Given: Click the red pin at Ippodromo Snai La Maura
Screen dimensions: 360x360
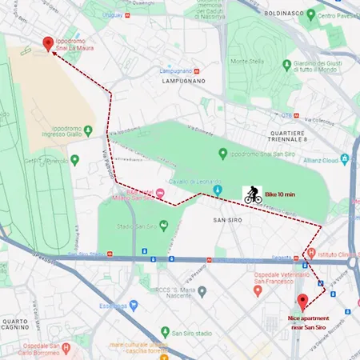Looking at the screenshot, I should (48, 45).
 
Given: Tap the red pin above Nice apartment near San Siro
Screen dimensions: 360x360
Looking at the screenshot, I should (302, 302).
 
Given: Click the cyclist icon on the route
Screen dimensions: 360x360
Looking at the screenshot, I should (252, 194).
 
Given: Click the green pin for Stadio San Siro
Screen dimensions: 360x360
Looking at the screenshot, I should (164, 225).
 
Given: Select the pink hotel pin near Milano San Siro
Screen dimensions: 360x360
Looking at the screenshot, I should (160, 193).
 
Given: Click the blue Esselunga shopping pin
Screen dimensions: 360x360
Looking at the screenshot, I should (134, 304).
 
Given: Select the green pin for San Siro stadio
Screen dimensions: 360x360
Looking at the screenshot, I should (164, 332).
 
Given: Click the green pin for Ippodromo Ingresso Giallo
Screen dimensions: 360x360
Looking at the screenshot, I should (74, 160).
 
